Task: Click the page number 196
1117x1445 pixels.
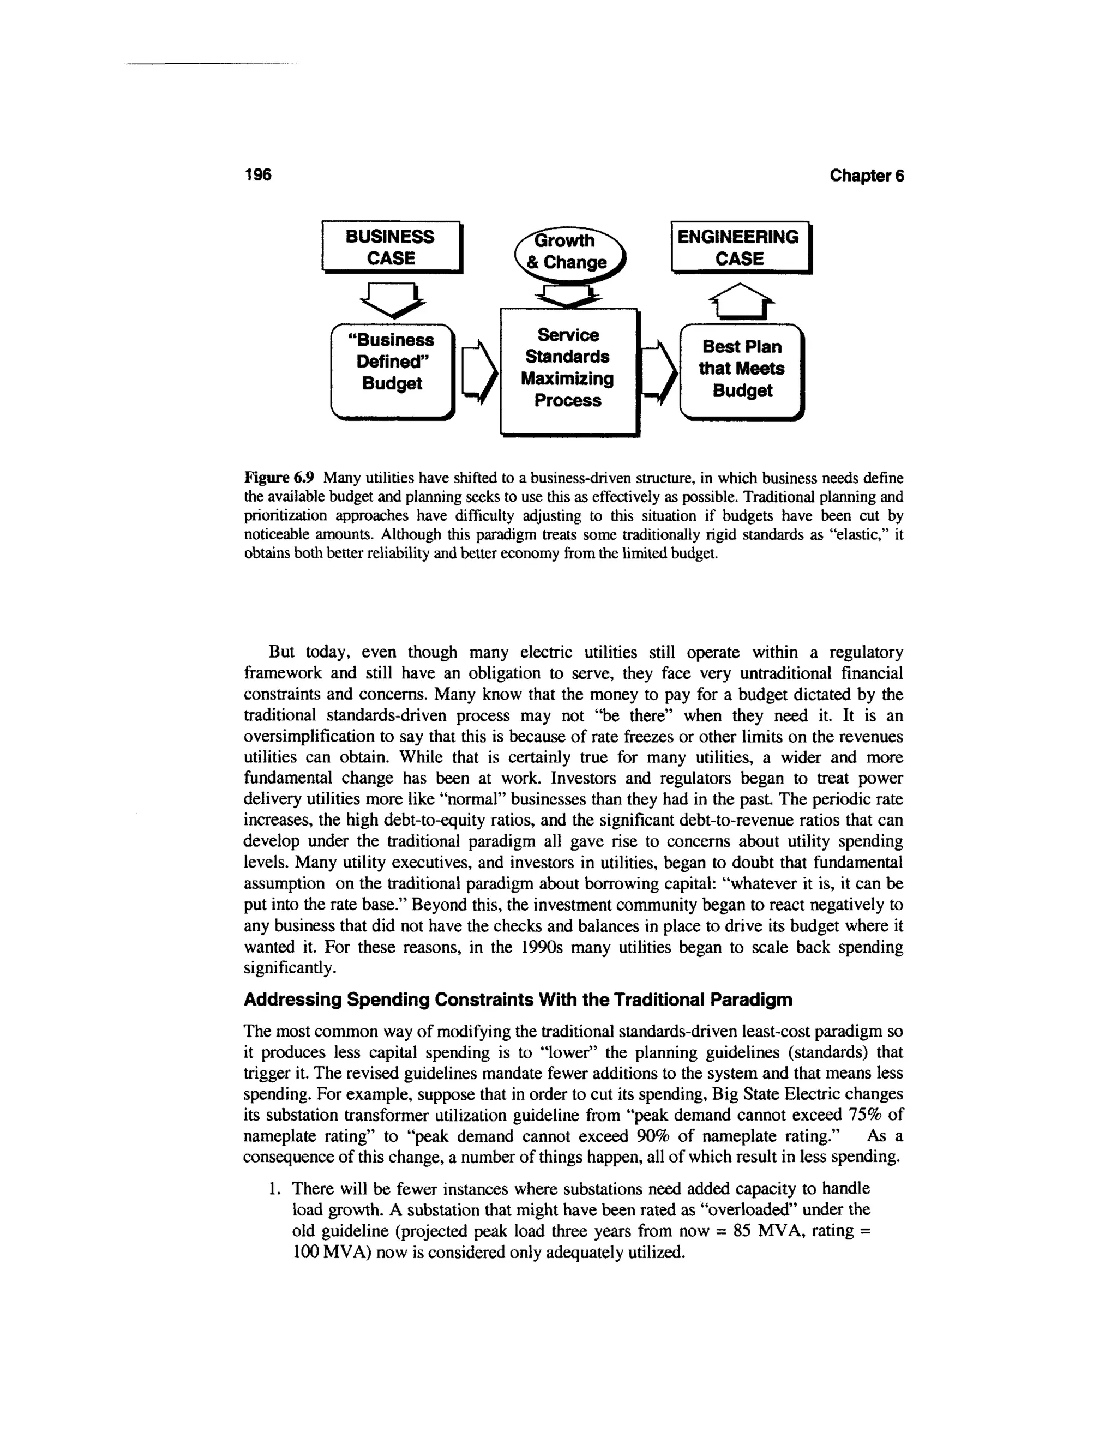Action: tap(258, 174)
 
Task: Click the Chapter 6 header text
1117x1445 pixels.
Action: tap(866, 176)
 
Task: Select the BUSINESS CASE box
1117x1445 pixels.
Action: tap(391, 248)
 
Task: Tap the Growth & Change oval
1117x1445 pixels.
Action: tap(568, 252)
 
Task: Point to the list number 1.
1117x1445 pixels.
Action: tap(273, 1189)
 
